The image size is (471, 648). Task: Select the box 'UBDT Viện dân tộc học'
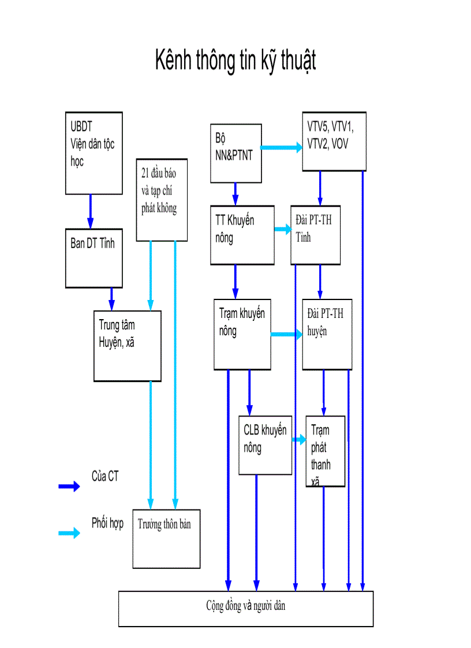(94, 153)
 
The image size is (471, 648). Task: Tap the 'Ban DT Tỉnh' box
(94, 257)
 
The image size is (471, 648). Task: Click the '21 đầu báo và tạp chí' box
(162, 199)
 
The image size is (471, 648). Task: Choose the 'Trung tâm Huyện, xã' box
(127, 346)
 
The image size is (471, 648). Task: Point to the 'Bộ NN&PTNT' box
(235, 153)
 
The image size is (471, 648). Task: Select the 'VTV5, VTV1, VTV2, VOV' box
(334, 141)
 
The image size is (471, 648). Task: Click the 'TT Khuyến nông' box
(242, 235)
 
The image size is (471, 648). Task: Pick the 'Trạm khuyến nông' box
(242, 334)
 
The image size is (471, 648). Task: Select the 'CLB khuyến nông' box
(265, 445)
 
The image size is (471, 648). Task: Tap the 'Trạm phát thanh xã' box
(326, 451)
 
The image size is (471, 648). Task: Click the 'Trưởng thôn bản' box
(166, 538)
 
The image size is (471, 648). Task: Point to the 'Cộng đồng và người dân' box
(246, 608)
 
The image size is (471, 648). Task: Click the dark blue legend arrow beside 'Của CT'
(69, 486)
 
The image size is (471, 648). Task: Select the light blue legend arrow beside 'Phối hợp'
(69, 533)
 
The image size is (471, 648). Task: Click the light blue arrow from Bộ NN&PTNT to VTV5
(282, 148)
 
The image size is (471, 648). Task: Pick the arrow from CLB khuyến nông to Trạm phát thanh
(298, 440)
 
